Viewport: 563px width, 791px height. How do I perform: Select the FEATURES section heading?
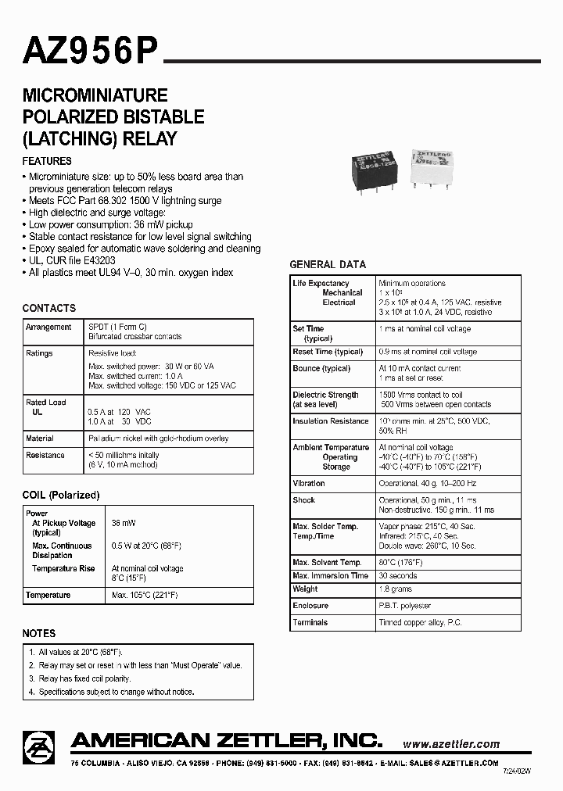(x=47, y=161)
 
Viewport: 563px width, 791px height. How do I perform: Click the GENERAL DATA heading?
(x=328, y=265)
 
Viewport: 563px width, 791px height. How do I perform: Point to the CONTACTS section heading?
(x=49, y=308)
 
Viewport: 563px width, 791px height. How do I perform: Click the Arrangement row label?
(x=48, y=327)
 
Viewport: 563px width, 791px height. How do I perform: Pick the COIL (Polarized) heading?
(x=61, y=495)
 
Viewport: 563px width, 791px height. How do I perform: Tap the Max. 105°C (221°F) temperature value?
(x=145, y=596)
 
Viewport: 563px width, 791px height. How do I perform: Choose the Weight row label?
(x=305, y=589)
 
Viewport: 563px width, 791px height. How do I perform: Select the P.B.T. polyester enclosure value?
(x=405, y=606)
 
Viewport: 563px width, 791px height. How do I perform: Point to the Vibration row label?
(x=309, y=484)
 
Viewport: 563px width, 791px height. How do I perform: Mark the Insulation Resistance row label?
(x=330, y=421)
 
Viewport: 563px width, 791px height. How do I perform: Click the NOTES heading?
(x=39, y=633)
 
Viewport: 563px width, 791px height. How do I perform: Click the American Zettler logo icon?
(x=39, y=746)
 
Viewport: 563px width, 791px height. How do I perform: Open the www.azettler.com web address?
(x=451, y=744)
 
